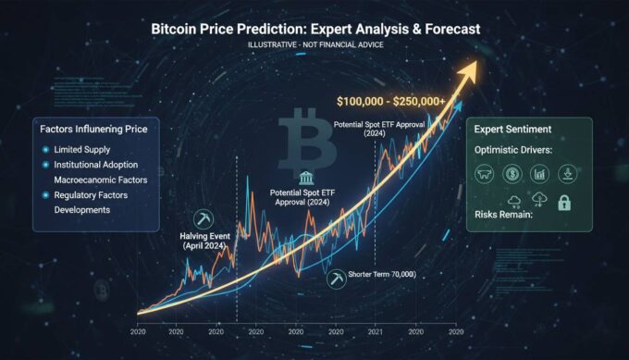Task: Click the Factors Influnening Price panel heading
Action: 93,129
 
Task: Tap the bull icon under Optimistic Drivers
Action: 483,175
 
